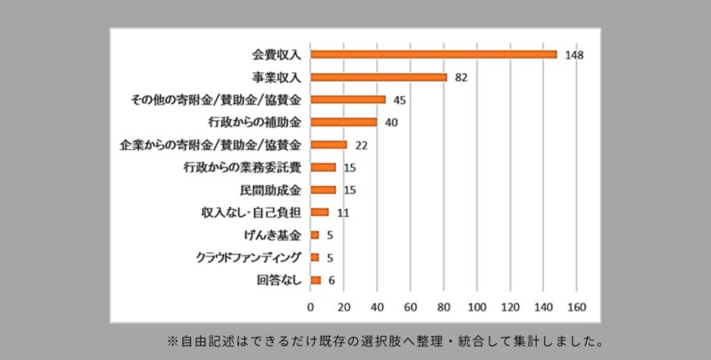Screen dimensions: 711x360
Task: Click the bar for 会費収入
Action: click(434, 54)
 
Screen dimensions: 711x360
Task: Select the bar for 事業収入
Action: click(379, 77)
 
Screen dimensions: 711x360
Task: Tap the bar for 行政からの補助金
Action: click(344, 122)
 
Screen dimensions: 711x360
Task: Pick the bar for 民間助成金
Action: click(324, 189)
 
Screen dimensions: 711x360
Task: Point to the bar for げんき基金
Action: click(315, 235)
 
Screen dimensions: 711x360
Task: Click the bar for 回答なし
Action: click(316, 280)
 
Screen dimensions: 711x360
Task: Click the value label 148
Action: click(574, 55)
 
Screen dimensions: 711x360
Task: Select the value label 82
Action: click(461, 78)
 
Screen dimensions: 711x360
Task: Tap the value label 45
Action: click(399, 100)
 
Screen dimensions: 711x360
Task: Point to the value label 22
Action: click(362, 146)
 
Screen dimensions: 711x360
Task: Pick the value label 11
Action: click(343, 213)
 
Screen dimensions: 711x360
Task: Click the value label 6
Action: click(332, 281)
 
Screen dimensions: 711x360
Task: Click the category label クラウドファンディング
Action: click(249, 258)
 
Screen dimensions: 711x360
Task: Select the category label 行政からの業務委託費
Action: click(242, 167)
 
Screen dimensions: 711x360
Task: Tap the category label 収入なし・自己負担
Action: click(252, 212)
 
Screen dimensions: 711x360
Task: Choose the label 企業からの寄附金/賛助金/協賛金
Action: click(211, 145)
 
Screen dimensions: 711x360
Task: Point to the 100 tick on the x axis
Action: click(477, 308)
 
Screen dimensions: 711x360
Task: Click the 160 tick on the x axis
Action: click(577, 308)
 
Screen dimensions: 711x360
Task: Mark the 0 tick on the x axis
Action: click(310, 308)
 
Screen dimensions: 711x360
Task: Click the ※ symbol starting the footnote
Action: click(172, 341)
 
